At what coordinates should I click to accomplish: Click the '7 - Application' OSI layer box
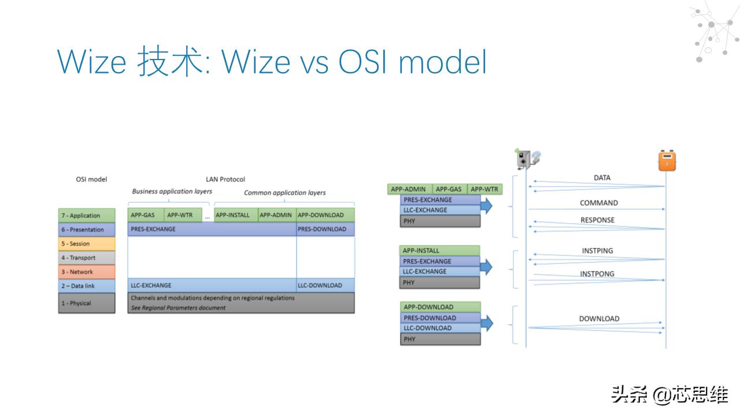point(87,216)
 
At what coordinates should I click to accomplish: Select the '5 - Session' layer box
point(87,244)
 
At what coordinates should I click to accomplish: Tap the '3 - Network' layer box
point(87,272)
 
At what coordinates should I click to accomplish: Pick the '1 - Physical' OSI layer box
point(87,303)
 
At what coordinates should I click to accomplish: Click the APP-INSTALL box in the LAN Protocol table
point(232,215)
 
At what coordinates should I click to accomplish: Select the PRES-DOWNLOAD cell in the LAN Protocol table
point(325,229)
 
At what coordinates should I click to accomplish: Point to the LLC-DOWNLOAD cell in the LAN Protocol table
point(325,285)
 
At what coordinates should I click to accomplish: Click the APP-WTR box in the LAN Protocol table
point(180,215)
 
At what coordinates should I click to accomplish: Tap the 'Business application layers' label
point(172,191)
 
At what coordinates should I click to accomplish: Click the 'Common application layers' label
point(284,193)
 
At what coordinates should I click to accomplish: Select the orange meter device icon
point(667,161)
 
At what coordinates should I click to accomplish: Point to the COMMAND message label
point(599,203)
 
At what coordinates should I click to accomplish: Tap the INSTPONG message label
point(597,274)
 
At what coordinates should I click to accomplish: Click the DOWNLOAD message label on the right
point(599,319)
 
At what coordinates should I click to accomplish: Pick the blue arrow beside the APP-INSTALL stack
point(486,266)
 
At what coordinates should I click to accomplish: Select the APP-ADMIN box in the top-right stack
point(408,189)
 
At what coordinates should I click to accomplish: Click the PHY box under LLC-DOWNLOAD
point(440,339)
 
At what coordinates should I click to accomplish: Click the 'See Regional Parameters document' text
point(178,308)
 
